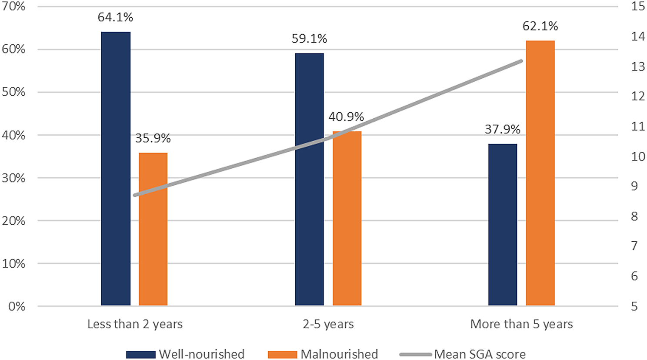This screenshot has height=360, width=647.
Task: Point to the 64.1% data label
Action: click(115, 17)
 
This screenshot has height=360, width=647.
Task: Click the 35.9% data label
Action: click(153, 138)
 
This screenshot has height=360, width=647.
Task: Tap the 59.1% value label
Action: click(309, 39)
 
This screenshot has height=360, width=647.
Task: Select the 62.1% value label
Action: click(540, 26)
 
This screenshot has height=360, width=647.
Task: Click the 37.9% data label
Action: click(503, 130)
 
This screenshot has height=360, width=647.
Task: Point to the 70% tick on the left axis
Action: click(13, 7)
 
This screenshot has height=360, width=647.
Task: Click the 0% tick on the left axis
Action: click(17, 307)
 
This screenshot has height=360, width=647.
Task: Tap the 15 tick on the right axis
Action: click(638, 7)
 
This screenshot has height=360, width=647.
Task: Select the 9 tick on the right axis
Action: click(634, 186)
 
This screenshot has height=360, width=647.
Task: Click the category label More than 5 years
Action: click(521, 324)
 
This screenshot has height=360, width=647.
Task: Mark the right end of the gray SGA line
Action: click(521, 61)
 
